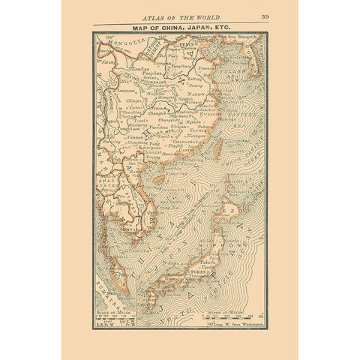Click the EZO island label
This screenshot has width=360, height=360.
pyautogui.click(x=245, y=212)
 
